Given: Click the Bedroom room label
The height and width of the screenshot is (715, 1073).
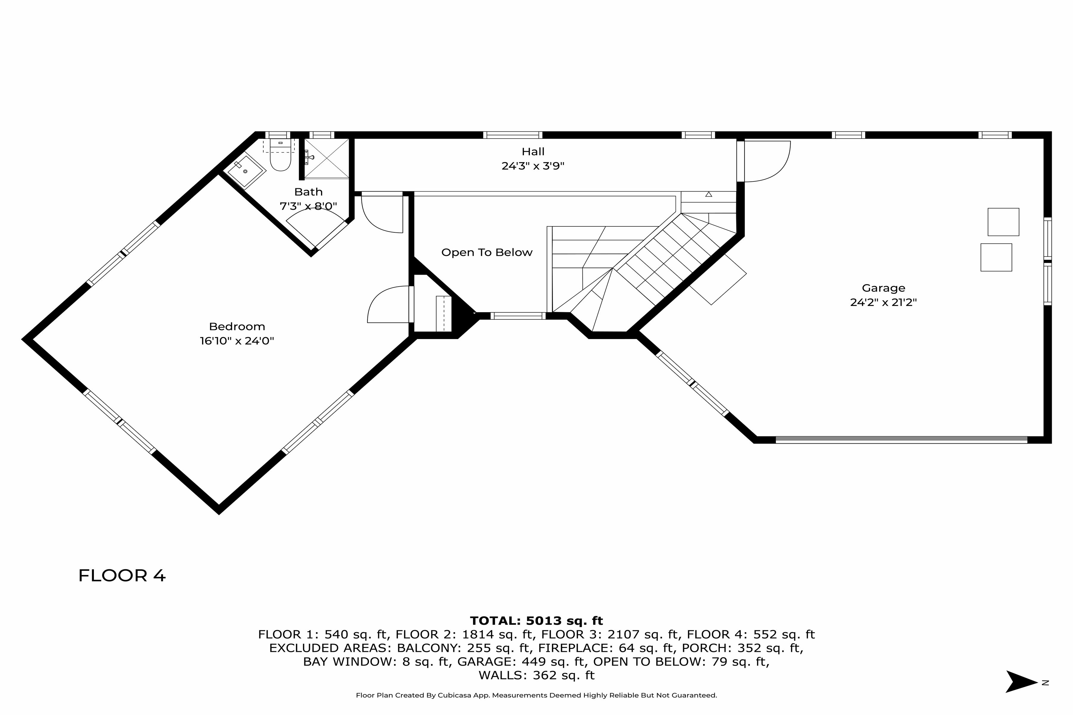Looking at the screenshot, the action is coord(237,327).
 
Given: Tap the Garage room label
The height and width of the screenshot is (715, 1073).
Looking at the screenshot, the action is coord(883,288).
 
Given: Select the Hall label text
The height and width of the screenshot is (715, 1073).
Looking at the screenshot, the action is coord(533,151).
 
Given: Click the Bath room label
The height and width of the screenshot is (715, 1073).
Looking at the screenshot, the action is coord(308,192).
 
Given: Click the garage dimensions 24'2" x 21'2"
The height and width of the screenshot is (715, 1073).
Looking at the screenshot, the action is coord(883,302).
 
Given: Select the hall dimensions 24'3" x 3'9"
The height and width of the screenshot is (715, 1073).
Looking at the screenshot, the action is coord(533,166).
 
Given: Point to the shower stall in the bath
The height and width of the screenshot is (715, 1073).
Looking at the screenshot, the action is coord(327,158).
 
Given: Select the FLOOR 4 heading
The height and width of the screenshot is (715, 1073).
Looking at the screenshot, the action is coord(122,576).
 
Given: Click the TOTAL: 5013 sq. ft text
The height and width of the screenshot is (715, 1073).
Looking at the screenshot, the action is coord(536,621).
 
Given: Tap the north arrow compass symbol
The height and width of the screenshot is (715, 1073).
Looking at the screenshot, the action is coord(1021,682).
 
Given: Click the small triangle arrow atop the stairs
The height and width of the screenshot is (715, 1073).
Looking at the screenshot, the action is coord(708,194).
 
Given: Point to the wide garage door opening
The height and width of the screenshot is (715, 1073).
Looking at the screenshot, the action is coord(901,440).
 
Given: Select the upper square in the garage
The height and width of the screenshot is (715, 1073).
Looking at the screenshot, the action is coord(1003,222).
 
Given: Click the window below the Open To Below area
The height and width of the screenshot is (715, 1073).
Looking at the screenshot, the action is coord(518,315).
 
